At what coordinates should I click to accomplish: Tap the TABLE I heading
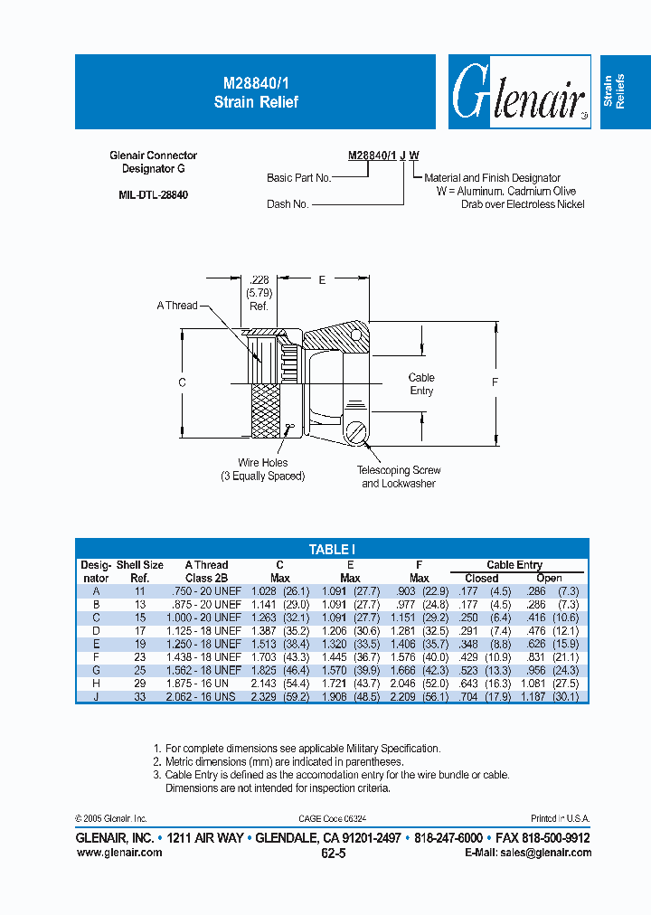pyautogui.click(x=331, y=549)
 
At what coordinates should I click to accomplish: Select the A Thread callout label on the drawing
pyautogui.click(x=176, y=306)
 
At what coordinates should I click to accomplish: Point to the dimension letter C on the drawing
pyautogui.click(x=182, y=383)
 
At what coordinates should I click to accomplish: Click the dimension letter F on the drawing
pyautogui.click(x=495, y=382)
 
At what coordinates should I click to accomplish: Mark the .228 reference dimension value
pyautogui.click(x=259, y=281)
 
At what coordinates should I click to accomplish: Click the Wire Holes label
pyautogui.click(x=262, y=463)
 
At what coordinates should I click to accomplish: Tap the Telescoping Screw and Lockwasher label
pyautogui.click(x=399, y=476)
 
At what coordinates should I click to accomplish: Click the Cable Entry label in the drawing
pyautogui.click(x=421, y=384)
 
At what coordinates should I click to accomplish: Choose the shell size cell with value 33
pyautogui.click(x=139, y=697)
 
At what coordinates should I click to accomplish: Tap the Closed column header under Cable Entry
pyautogui.click(x=481, y=578)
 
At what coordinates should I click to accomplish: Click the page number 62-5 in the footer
pyautogui.click(x=333, y=853)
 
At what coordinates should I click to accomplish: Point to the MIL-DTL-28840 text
pyautogui.click(x=153, y=194)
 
